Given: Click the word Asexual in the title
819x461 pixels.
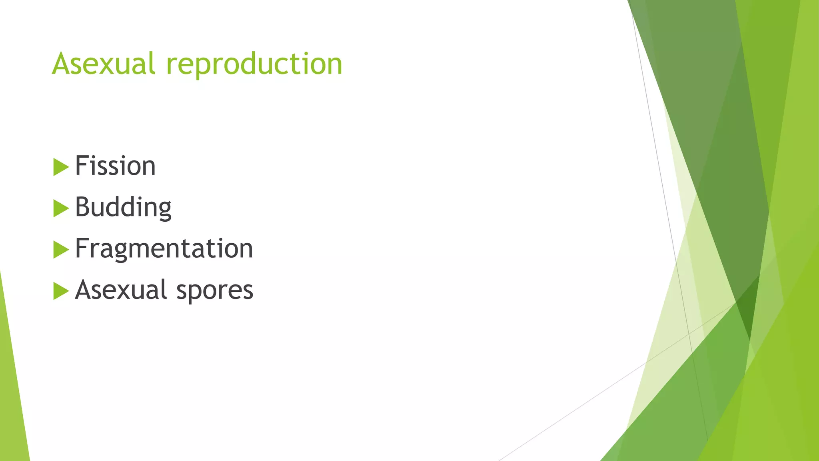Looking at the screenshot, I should [x=103, y=64].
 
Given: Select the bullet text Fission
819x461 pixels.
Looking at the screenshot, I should [x=115, y=166].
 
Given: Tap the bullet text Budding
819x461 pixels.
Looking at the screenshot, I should [x=123, y=207].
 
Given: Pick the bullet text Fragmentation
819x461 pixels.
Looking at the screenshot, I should [x=164, y=249].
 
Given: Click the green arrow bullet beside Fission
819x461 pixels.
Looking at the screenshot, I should [x=60, y=167].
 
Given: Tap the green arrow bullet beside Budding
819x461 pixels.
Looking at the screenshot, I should [x=60, y=208].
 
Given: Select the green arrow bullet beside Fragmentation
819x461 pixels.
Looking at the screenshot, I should [x=60, y=250].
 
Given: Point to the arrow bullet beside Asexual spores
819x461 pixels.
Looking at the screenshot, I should [x=60, y=291].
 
